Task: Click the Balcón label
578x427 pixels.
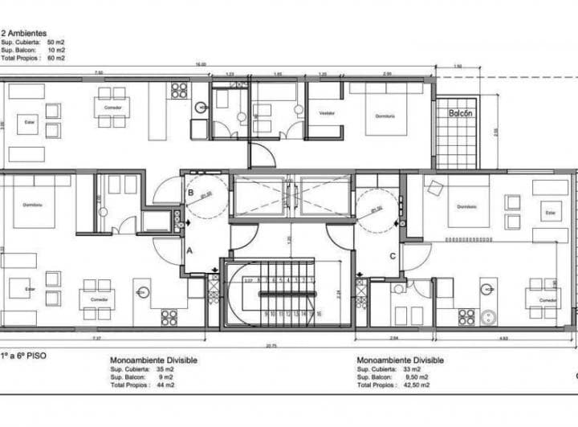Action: coord(461,113)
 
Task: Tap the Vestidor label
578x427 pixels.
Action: coord(326,113)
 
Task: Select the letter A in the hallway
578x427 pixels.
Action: coord(189,250)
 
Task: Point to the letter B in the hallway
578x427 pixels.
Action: coord(189,193)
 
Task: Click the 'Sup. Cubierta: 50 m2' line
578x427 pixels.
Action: coord(33,43)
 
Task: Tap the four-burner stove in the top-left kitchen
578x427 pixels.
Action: coord(178,91)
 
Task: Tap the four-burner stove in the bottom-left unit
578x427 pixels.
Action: coord(169,318)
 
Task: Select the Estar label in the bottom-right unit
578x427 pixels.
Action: coord(550,213)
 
